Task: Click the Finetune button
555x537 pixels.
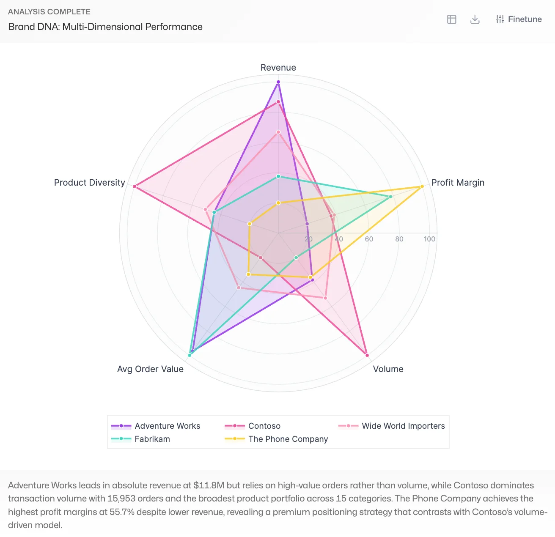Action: point(519,19)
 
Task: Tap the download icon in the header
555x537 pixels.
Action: point(475,19)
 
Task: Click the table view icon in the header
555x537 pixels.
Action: point(452,19)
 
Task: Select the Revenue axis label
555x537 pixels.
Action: point(278,68)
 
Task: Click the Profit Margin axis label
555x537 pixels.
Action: point(458,183)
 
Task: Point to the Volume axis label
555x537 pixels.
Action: point(388,369)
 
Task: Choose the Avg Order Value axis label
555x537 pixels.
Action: point(150,369)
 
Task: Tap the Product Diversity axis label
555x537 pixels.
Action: point(90,183)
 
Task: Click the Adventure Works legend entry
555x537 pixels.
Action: point(167,426)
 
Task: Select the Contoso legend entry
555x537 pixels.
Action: point(264,426)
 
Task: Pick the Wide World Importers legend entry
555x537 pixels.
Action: point(403,426)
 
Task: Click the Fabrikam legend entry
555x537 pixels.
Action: point(152,439)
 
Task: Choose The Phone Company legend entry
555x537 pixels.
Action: point(288,439)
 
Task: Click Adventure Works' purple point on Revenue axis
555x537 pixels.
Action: point(278,82)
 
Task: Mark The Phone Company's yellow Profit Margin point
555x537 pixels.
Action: point(422,186)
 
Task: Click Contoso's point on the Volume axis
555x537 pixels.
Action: point(367,355)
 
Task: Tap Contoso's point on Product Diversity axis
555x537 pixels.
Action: point(135,186)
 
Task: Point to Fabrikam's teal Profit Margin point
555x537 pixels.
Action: point(390,197)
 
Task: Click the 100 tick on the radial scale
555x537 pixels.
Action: point(429,239)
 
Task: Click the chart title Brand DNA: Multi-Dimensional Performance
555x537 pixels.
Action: point(105,27)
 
